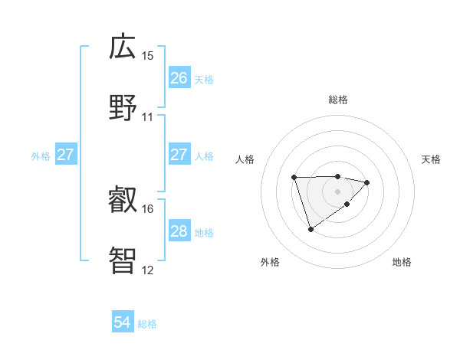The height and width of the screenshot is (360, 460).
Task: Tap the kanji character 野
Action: (123, 107)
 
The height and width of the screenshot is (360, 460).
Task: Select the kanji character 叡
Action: (123, 200)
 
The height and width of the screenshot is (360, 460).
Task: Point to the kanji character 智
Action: (123, 260)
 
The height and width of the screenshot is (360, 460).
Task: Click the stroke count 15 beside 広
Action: (148, 56)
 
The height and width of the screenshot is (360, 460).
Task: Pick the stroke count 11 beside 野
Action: (148, 117)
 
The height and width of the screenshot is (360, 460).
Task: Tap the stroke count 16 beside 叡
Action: (148, 208)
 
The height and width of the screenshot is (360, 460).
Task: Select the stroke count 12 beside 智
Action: (148, 270)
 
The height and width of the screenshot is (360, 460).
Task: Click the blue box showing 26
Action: (179, 78)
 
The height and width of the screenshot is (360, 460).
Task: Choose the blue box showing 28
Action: (179, 231)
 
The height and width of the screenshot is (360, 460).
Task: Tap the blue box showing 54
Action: (123, 323)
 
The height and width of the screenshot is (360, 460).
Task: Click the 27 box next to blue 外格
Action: (66, 155)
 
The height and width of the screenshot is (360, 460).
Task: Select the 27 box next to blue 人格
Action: (179, 155)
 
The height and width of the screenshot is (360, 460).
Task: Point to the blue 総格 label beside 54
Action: (147, 324)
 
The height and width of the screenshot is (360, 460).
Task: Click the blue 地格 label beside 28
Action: (204, 232)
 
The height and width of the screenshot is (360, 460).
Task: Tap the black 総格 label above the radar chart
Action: (337, 100)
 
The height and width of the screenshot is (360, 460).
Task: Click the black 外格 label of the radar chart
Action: (270, 262)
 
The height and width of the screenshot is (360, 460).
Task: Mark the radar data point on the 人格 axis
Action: (294, 178)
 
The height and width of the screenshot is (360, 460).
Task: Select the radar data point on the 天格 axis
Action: (367, 182)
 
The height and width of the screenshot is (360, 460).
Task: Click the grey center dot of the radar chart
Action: (337, 191)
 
